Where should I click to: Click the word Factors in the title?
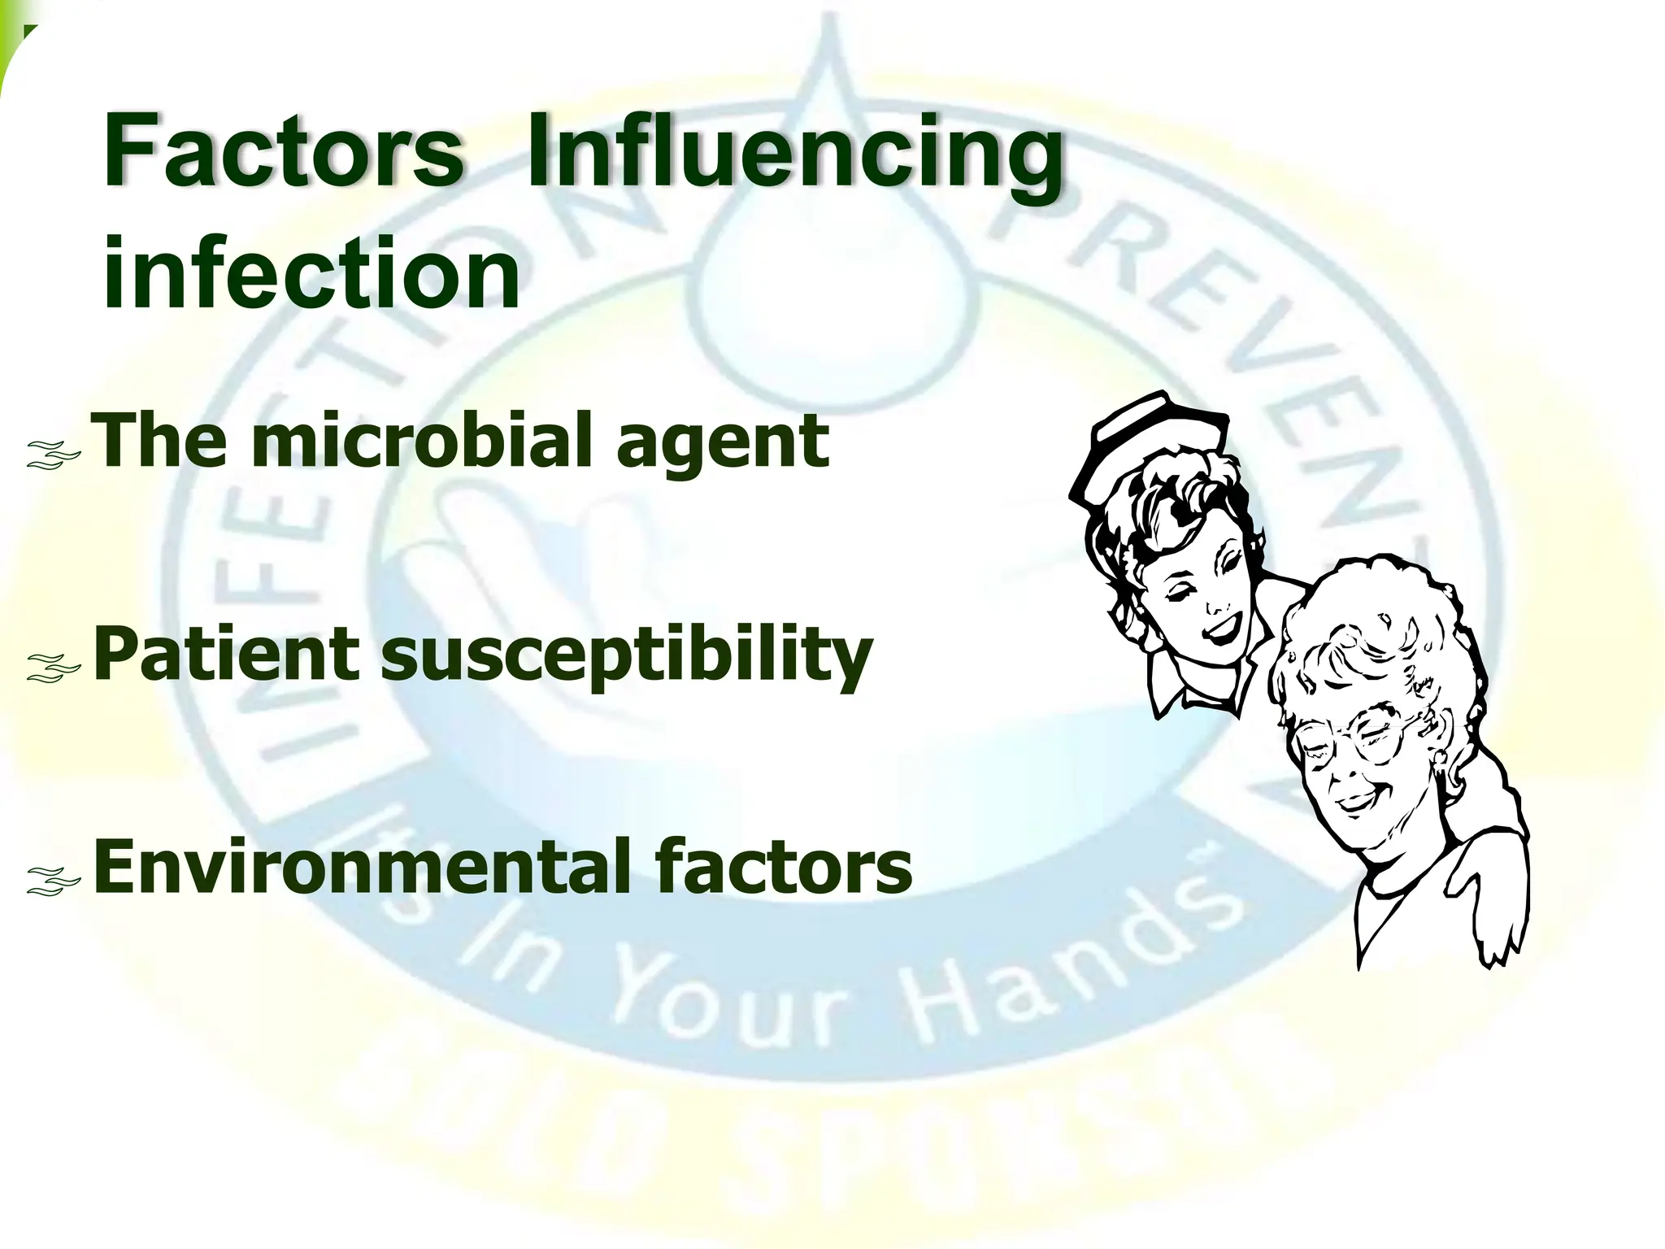coord(283,151)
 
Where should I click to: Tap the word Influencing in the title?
coord(795,154)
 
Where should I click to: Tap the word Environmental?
coord(365,867)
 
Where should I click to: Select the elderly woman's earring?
coord(1440,760)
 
